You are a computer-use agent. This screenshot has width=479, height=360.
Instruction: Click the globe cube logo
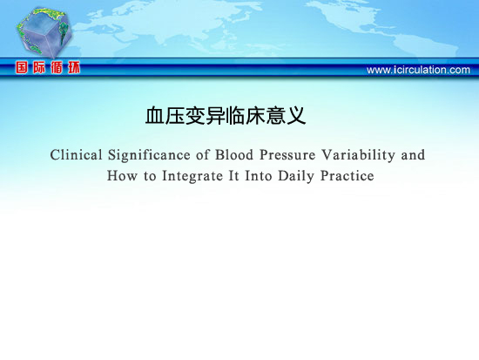(44, 31)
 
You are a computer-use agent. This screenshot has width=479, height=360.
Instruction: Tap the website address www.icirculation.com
(418, 70)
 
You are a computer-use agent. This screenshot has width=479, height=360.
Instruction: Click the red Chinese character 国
(22, 67)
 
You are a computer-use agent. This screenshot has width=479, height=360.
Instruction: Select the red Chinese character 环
(74, 67)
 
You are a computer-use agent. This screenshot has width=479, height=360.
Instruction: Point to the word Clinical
(76, 155)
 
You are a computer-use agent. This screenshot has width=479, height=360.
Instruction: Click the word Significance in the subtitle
(149, 155)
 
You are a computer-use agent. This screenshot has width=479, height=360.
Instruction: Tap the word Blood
(234, 155)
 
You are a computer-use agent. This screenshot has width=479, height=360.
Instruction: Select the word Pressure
(287, 155)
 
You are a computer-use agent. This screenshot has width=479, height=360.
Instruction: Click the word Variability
(358, 155)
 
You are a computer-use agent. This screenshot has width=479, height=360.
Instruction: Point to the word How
(122, 176)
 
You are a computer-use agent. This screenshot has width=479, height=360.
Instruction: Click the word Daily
(296, 176)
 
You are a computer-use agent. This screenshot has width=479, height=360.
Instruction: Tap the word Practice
(347, 176)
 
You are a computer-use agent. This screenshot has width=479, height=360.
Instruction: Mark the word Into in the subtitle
(259, 176)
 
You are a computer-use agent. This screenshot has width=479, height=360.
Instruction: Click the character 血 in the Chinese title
(155, 116)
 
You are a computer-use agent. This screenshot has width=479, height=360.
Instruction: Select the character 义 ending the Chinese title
(296, 116)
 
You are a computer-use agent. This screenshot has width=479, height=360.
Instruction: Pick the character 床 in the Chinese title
(255, 116)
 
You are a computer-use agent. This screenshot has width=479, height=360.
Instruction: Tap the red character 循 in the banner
(57, 67)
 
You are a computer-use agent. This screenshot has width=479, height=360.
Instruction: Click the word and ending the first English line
(413, 155)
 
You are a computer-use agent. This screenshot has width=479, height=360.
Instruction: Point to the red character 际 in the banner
(39, 67)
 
